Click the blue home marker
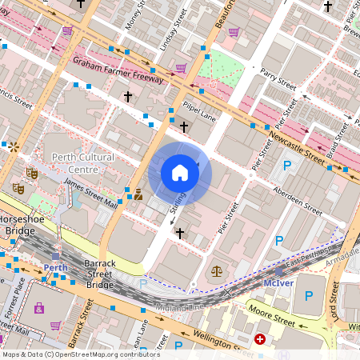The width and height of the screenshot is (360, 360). (180, 173)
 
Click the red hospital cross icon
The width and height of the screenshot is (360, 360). (260, 340)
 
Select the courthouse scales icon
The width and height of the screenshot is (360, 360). (216, 271)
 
